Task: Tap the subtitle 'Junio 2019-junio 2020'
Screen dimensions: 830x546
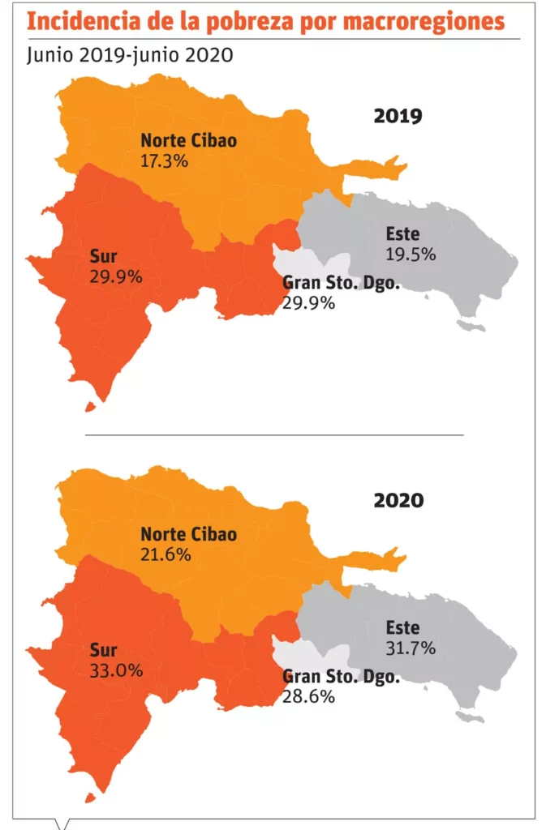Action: [129, 55]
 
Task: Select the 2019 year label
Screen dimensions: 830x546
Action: [398, 116]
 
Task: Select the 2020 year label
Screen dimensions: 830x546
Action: [398, 500]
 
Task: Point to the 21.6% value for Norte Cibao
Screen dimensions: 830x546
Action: [166, 555]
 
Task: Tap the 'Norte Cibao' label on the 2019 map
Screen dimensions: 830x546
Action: [188, 140]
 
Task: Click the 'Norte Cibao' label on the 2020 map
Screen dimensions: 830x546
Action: [188, 535]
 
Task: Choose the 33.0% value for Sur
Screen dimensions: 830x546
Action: [117, 670]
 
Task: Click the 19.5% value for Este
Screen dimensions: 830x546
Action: [411, 254]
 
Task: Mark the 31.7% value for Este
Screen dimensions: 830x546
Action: [411, 648]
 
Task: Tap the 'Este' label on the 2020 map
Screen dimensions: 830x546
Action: [402, 627]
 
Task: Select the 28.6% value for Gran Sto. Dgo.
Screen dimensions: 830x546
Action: [308, 697]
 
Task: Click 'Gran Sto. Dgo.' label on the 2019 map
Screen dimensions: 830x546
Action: [341, 284]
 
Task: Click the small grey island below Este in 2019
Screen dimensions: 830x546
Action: [471, 325]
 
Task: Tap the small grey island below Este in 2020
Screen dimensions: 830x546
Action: [471, 718]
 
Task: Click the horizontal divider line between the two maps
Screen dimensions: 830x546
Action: [274, 434]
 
